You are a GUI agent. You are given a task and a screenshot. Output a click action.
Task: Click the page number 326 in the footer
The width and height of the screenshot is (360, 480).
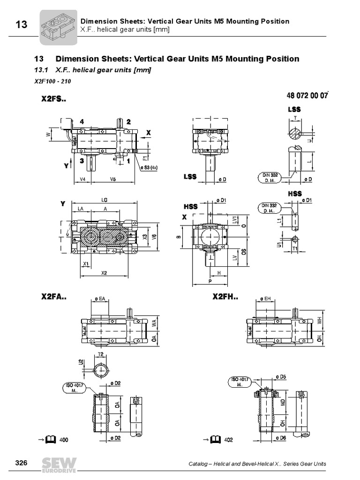coord(22,463)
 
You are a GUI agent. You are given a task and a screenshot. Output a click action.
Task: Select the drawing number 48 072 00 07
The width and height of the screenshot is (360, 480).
coord(307,96)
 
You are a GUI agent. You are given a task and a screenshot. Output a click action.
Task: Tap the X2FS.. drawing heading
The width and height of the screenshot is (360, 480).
coord(54,99)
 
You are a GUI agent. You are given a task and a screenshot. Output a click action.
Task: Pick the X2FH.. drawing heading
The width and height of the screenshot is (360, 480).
coord(225,297)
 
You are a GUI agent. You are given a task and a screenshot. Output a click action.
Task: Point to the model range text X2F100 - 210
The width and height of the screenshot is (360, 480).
coord(52,81)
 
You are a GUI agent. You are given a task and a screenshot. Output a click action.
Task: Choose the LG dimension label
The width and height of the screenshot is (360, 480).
coord(104,200)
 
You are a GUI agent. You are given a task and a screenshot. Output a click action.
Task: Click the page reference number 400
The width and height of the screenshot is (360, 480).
coord(64,440)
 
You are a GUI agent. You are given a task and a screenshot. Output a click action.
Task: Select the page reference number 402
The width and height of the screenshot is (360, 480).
coord(228,440)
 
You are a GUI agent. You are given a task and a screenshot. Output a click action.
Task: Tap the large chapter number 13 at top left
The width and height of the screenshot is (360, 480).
coord(21,25)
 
